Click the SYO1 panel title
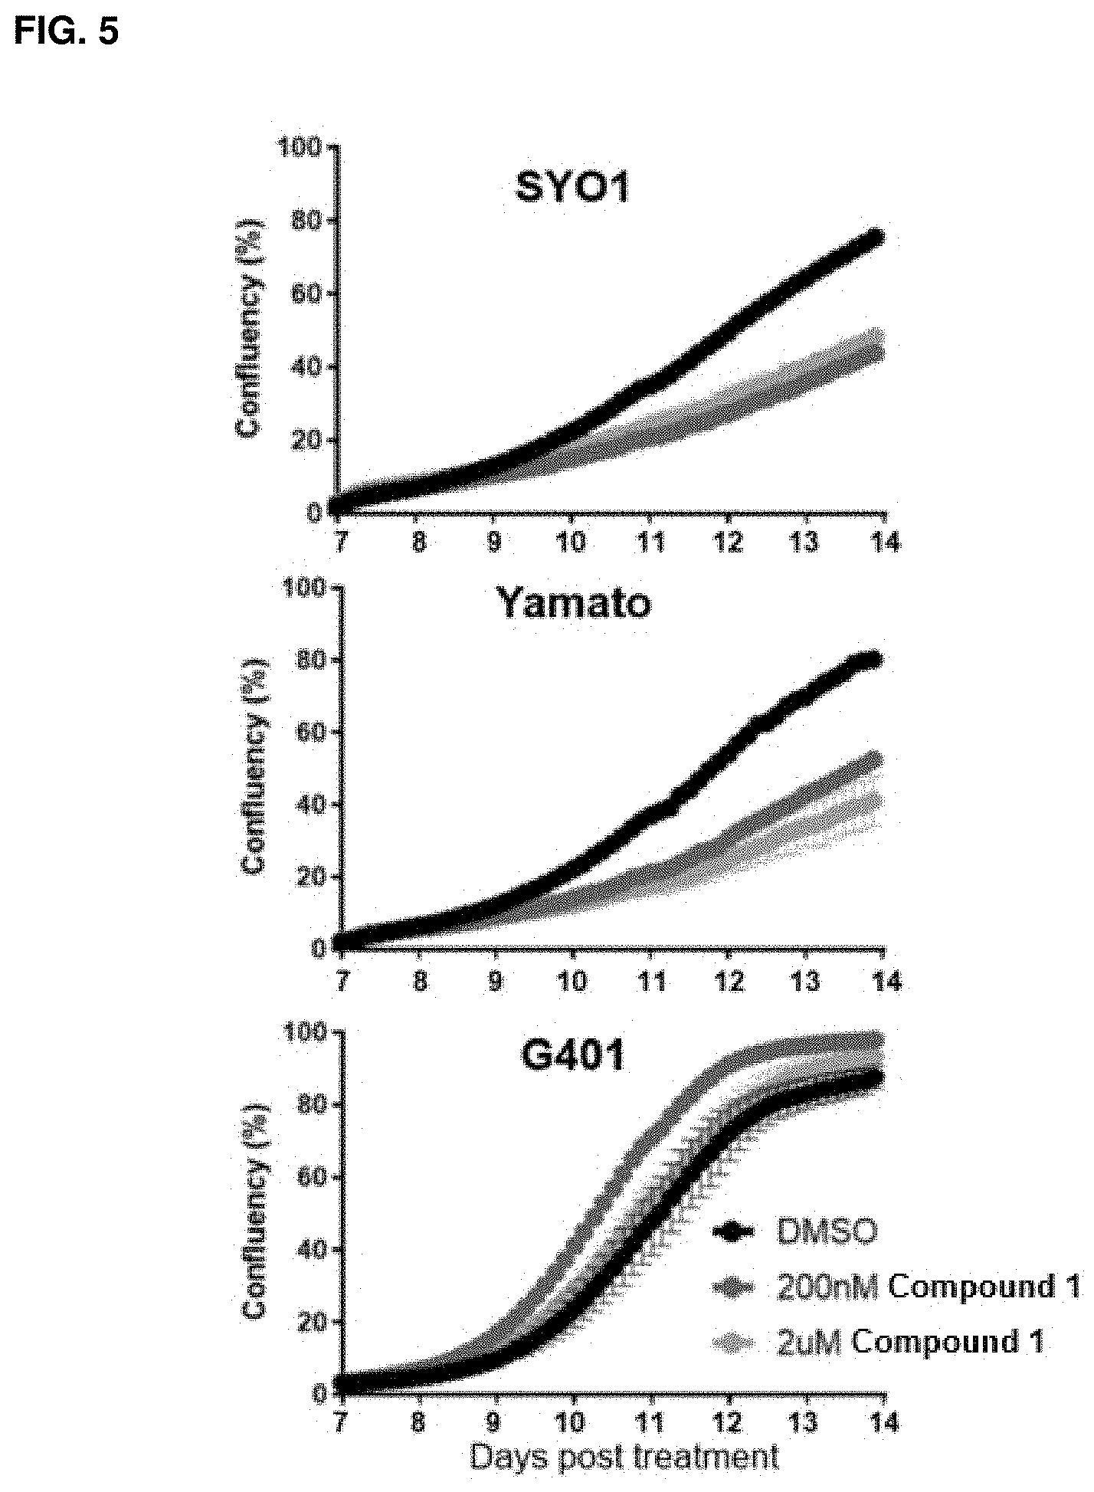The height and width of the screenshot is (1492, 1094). pos(573,187)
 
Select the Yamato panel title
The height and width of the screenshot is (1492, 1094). pos(574,603)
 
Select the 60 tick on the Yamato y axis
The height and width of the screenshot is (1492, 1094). pos(313,732)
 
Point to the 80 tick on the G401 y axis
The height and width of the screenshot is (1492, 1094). pos(313,1103)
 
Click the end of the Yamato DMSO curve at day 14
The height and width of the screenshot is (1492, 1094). pos(872,660)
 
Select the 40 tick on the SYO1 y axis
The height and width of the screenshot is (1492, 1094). pos(313,367)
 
